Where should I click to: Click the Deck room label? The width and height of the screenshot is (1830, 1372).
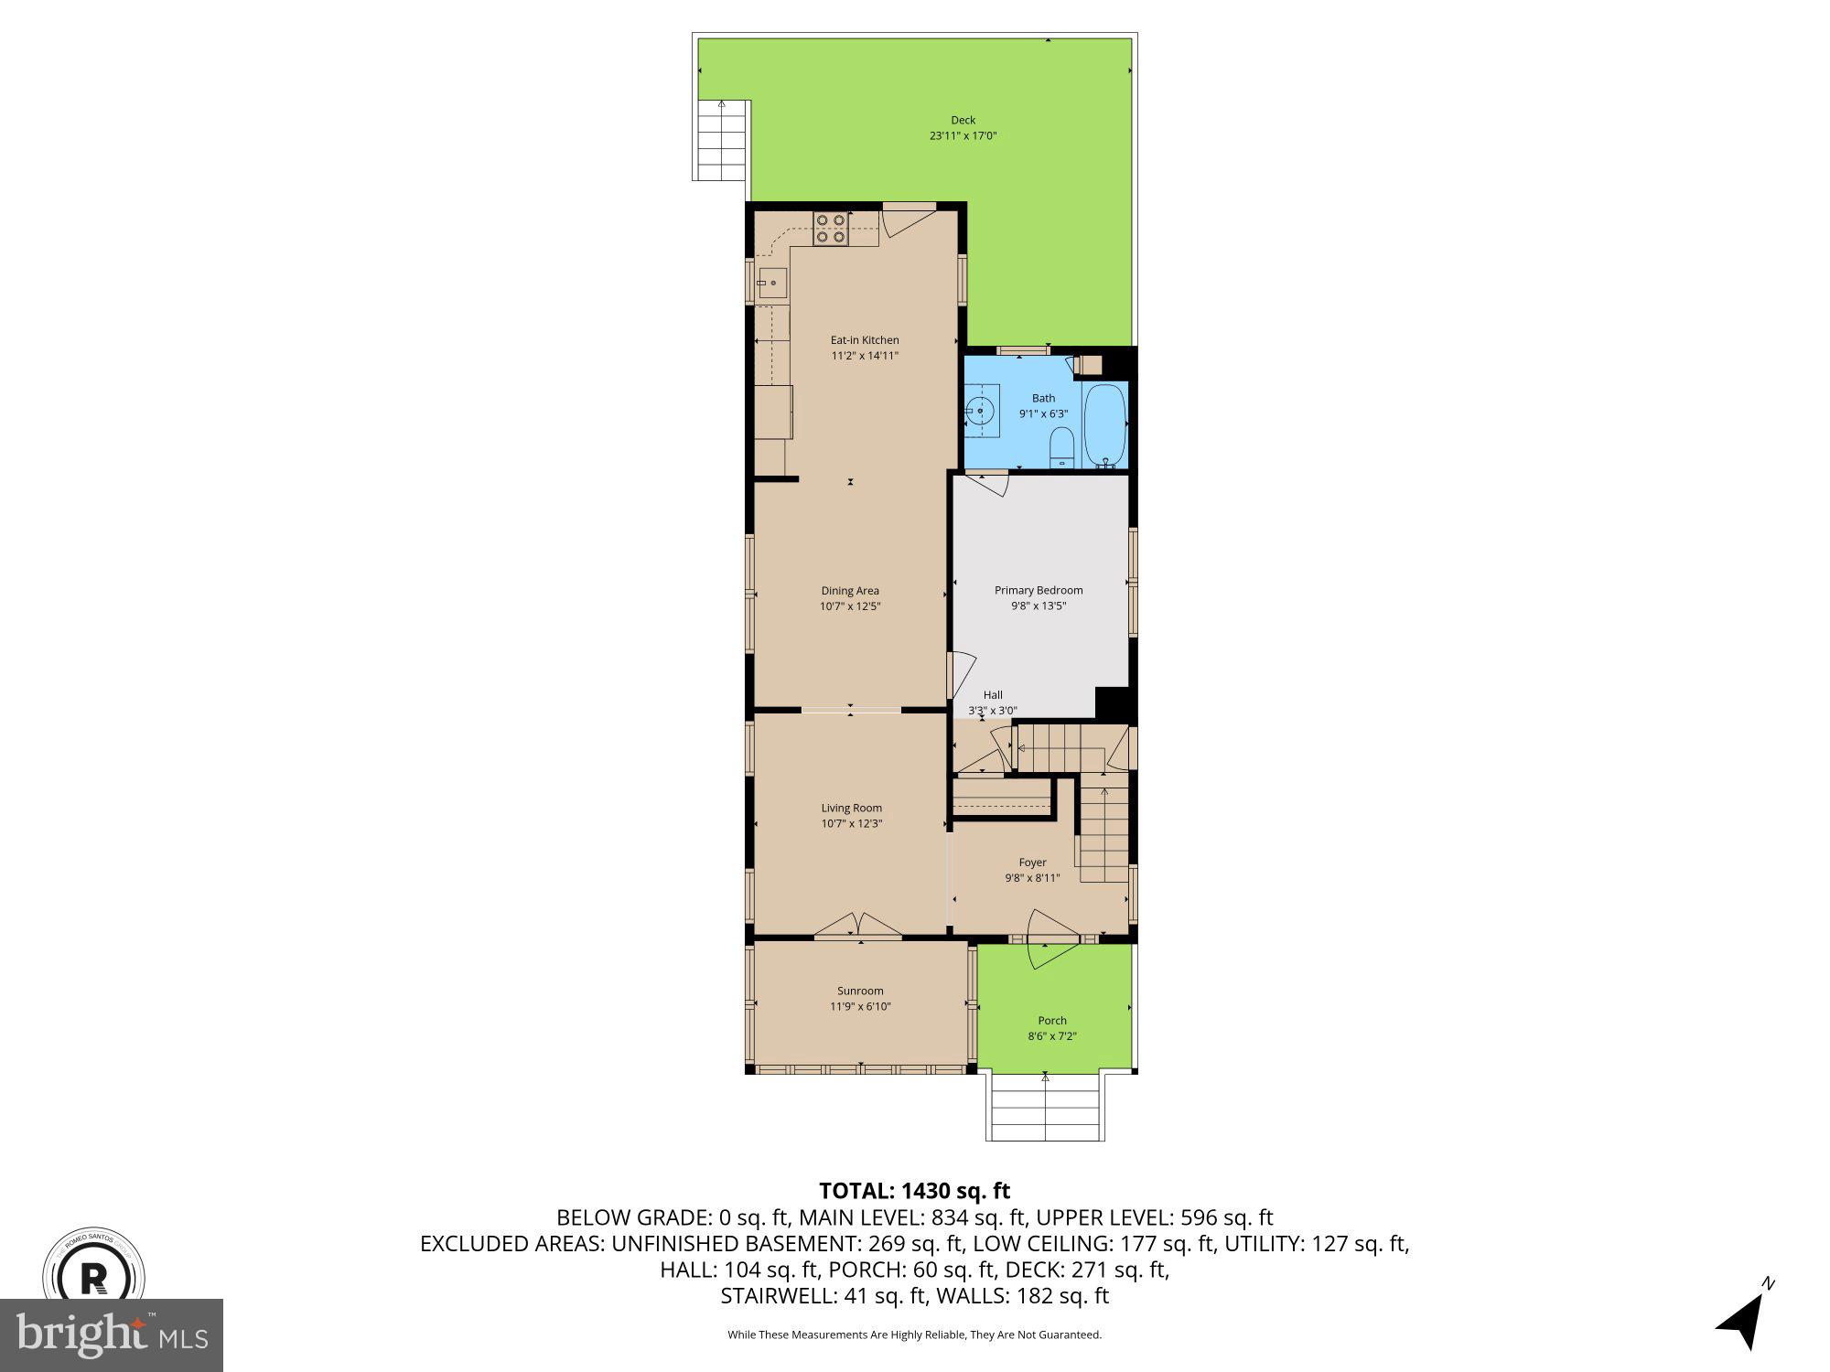coord(963,120)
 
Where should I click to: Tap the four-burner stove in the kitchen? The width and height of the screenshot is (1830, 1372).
coord(830,229)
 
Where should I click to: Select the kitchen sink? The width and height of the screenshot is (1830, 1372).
coord(772,283)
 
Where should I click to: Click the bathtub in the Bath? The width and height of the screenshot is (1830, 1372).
coord(1104,425)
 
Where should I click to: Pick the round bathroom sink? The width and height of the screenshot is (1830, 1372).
coord(981,412)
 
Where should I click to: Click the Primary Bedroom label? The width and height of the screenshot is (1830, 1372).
coord(1039,590)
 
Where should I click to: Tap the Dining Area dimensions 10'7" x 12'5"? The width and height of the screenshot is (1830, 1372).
coord(850,606)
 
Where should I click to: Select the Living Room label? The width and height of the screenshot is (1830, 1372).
coord(851,808)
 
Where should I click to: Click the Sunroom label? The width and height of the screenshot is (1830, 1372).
coord(860,991)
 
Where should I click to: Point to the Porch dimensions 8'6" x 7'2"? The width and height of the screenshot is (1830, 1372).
coord(1052,1036)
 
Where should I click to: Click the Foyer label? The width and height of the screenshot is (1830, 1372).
coord(1032,863)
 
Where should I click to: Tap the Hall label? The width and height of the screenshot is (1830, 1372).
coord(993,695)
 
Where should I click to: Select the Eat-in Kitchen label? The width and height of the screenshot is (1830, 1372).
coord(865,340)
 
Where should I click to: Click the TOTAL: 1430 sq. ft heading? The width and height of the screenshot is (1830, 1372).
coord(914,1191)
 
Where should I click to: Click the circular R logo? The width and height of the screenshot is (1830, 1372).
coord(94,1276)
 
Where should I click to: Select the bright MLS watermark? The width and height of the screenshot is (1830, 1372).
coord(112,1335)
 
